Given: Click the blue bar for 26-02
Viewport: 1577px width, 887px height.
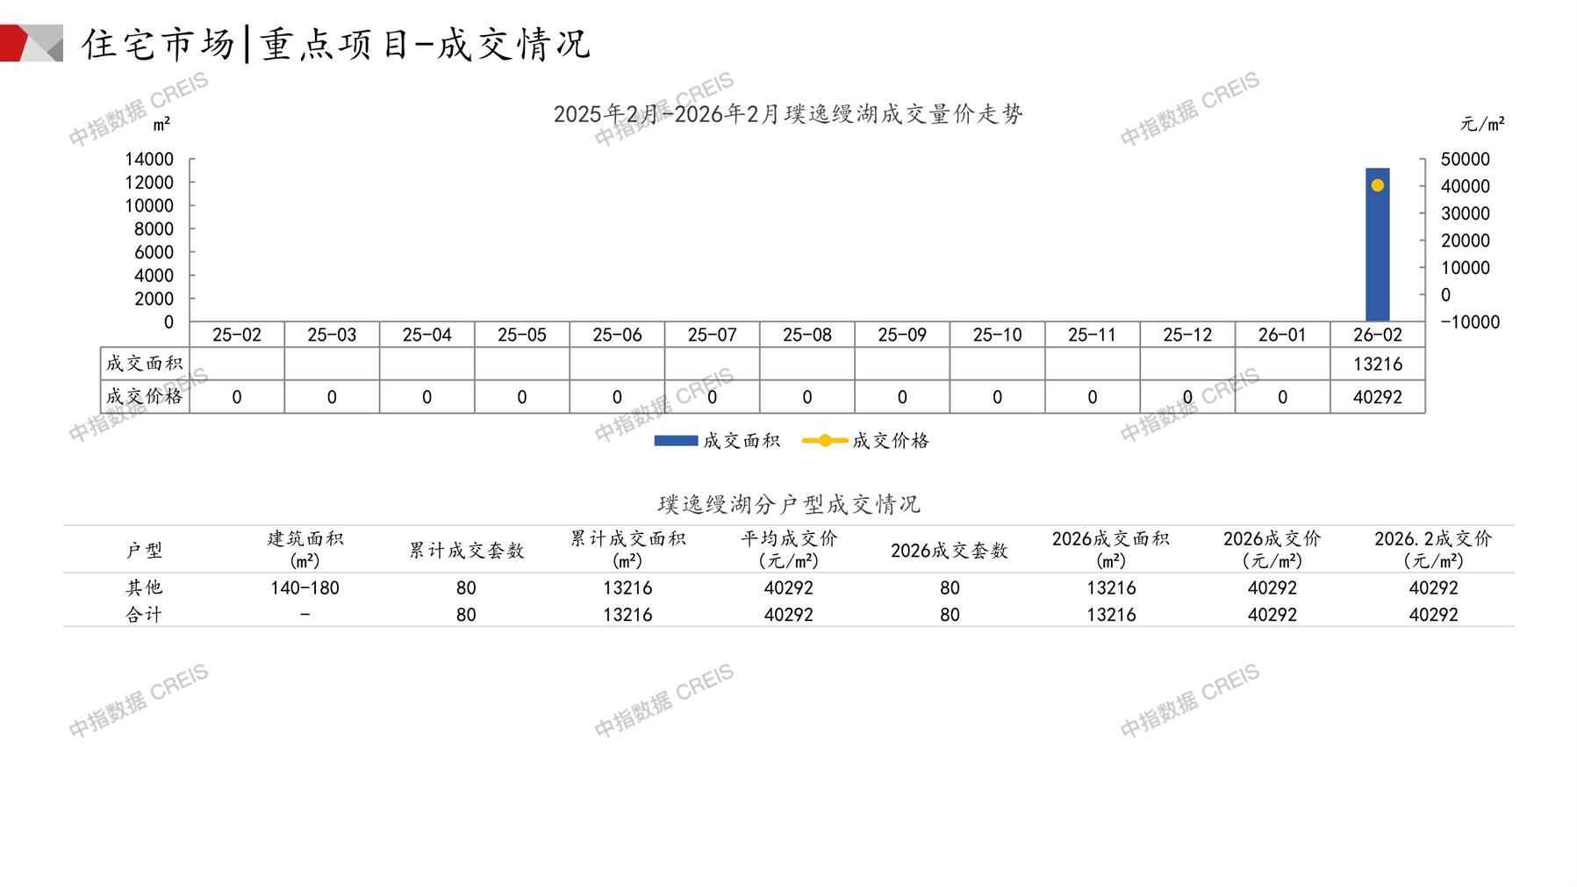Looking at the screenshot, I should point(1377,255).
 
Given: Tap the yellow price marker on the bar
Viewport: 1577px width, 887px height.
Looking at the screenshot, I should point(1377,185).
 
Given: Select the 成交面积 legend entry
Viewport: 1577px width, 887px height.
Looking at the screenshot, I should point(717,441).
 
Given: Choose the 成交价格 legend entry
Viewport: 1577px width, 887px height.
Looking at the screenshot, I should point(866,441).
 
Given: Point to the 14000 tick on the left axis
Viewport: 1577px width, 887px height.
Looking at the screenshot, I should point(149,159).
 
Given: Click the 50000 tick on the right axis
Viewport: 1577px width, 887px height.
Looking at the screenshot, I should point(1465,159).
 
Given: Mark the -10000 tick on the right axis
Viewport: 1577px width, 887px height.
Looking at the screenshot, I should point(1470,322).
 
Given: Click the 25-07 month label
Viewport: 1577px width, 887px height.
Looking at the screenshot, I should point(712,335).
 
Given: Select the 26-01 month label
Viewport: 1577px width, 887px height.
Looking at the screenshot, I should point(1282,335).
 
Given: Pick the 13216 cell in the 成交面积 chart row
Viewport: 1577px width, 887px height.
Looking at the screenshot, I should point(1377,364).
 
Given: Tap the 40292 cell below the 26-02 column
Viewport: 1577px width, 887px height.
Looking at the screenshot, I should point(1377,397).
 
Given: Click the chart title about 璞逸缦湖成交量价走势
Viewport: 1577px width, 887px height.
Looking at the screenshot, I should point(788,114).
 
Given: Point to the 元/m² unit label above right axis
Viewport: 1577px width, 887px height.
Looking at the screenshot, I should point(1482,124).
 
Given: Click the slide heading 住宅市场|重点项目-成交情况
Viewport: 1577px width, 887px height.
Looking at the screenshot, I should point(336,44).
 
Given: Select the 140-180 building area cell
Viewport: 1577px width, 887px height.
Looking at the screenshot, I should point(305,588).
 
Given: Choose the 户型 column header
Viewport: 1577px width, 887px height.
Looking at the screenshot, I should point(144,551).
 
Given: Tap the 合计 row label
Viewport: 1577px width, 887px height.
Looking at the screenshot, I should point(144,615).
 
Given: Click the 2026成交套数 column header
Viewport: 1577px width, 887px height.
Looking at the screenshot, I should point(949,551).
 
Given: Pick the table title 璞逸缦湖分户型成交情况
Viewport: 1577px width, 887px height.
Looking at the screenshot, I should point(788,504).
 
